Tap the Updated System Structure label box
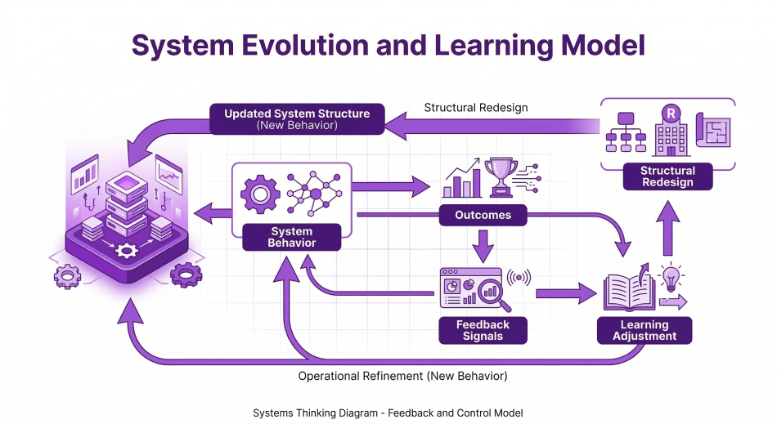tap(297, 119)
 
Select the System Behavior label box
tap(292, 237)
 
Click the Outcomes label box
tap(483, 216)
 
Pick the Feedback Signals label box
tap(483, 330)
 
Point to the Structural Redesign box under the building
tap(667, 176)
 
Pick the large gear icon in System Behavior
tap(260, 194)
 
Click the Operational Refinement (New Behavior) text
tap(402, 377)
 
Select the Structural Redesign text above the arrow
tap(476, 108)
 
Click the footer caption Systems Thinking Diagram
tap(388, 413)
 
